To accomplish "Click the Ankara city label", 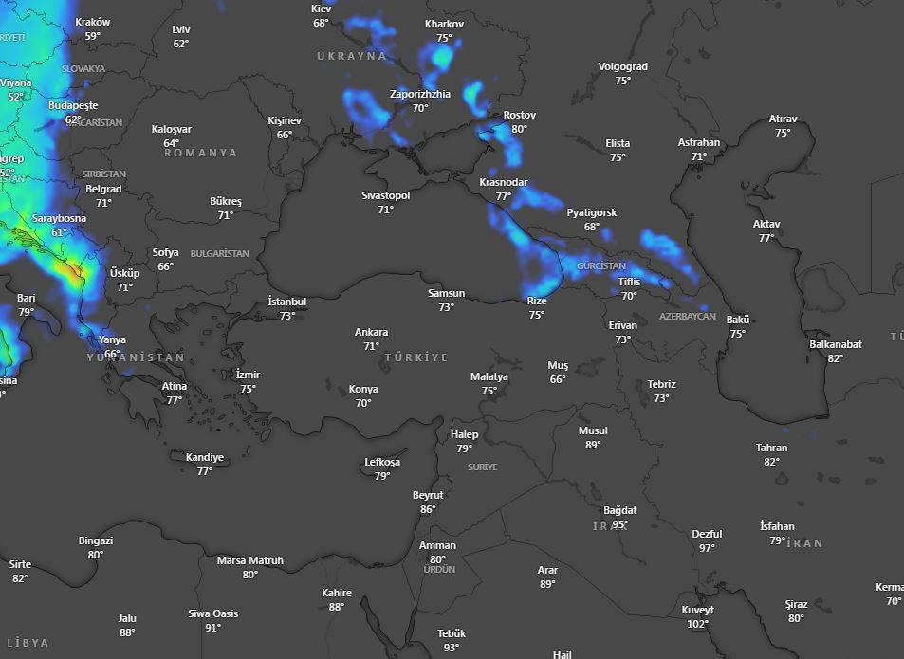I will (x=371, y=332).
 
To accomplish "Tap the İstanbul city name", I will (x=286, y=302).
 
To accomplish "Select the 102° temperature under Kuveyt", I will (x=697, y=624).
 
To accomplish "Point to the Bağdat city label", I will (x=620, y=510).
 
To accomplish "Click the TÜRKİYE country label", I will (x=416, y=357).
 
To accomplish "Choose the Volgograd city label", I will (x=622, y=66).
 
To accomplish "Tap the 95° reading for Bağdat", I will (x=620, y=524).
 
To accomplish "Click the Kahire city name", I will (x=337, y=593).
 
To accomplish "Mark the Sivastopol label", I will (x=385, y=195).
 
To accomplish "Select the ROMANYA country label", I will (x=200, y=153).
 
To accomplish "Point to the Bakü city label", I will (x=738, y=320).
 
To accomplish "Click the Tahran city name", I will (x=771, y=448).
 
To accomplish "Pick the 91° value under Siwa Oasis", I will (x=212, y=628).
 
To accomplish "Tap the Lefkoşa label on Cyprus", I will (x=382, y=462).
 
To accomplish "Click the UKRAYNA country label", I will (x=352, y=56).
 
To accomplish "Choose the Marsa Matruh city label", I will (x=249, y=560).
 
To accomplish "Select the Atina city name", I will (x=175, y=386).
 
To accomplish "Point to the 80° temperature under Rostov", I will (x=519, y=129).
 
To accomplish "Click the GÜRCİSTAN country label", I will (x=601, y=266).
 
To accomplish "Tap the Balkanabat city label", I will (x=835, y=344).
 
